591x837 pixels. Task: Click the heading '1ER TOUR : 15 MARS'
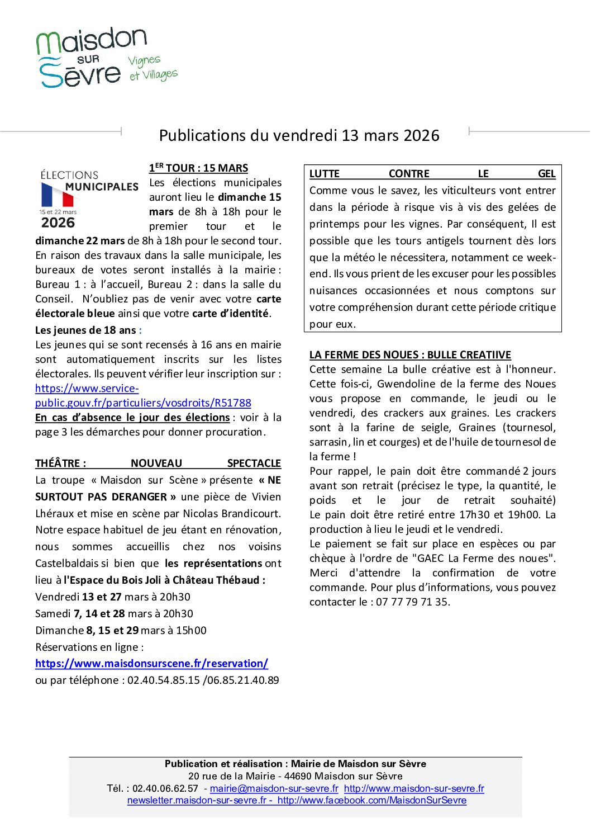[198, 168]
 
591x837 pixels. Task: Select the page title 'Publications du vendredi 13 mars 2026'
[299, 135]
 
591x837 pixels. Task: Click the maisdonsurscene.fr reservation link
[151, 664]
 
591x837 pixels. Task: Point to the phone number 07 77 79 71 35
[413, 602]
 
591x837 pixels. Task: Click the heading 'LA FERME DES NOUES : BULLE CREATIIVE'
[410, 355]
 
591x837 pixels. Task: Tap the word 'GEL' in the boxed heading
[546, 174]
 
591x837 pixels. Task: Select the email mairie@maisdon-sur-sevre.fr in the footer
[274, 788]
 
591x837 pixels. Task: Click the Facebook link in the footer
[371, 801]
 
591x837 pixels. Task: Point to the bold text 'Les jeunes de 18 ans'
[85, 330]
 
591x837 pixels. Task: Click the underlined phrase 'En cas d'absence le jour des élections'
[132, 418]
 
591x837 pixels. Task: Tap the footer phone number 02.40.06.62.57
[165, 788]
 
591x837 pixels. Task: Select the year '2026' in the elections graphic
[58, 223]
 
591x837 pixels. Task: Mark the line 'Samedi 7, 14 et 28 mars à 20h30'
[114, 614]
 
